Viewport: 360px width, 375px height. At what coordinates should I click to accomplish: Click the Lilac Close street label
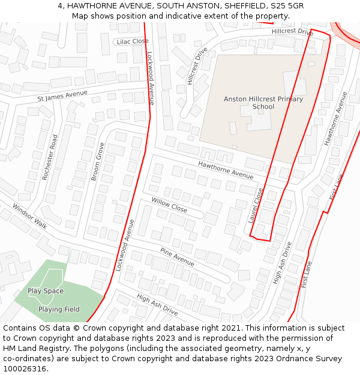tap(133, 41)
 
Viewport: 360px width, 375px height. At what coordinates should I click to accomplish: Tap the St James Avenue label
tap(62, 95)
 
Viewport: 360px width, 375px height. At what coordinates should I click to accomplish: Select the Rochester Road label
tap(54, 157)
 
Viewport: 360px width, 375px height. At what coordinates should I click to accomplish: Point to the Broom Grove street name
tap(98, 161)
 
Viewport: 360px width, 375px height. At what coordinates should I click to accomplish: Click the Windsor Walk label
tap(29, 215)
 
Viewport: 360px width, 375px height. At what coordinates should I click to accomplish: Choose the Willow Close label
tap(169, 205)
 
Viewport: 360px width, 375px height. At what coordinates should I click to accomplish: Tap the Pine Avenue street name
tap(177, 257)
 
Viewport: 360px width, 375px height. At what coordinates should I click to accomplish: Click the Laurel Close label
tap(256, 206)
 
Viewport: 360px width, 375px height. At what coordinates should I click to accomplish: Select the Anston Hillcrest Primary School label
tap(263, 103)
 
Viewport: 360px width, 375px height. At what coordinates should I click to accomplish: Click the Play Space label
tap(46, 291)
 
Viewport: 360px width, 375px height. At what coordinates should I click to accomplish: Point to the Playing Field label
tap(59, 310)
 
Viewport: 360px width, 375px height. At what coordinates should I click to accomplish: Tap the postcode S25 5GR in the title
tap(287, 5)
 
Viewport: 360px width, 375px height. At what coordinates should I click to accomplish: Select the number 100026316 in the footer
tap(25, 369)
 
